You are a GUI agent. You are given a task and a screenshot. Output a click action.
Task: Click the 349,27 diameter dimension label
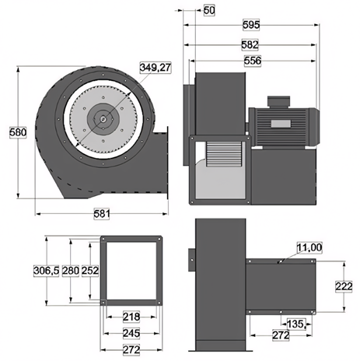[x=156, y=68]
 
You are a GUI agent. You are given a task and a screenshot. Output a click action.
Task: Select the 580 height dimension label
[x=18, y=132]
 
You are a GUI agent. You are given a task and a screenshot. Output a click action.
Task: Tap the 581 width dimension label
[x=102, y=214]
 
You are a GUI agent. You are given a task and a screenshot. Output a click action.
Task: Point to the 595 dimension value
[x=251, y=25]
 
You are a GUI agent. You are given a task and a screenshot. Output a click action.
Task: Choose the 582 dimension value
[x=250, y=44]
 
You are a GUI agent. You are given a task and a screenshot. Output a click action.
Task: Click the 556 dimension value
[x=253, y=61]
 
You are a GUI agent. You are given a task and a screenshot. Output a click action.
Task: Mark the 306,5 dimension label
[x=47, y=271]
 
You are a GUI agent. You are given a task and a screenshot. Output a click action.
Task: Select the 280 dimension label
[x=71, y=271]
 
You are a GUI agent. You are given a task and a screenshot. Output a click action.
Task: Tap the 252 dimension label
[x=90, y=271]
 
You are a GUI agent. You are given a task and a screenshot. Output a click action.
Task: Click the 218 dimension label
[x=131, y=317]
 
